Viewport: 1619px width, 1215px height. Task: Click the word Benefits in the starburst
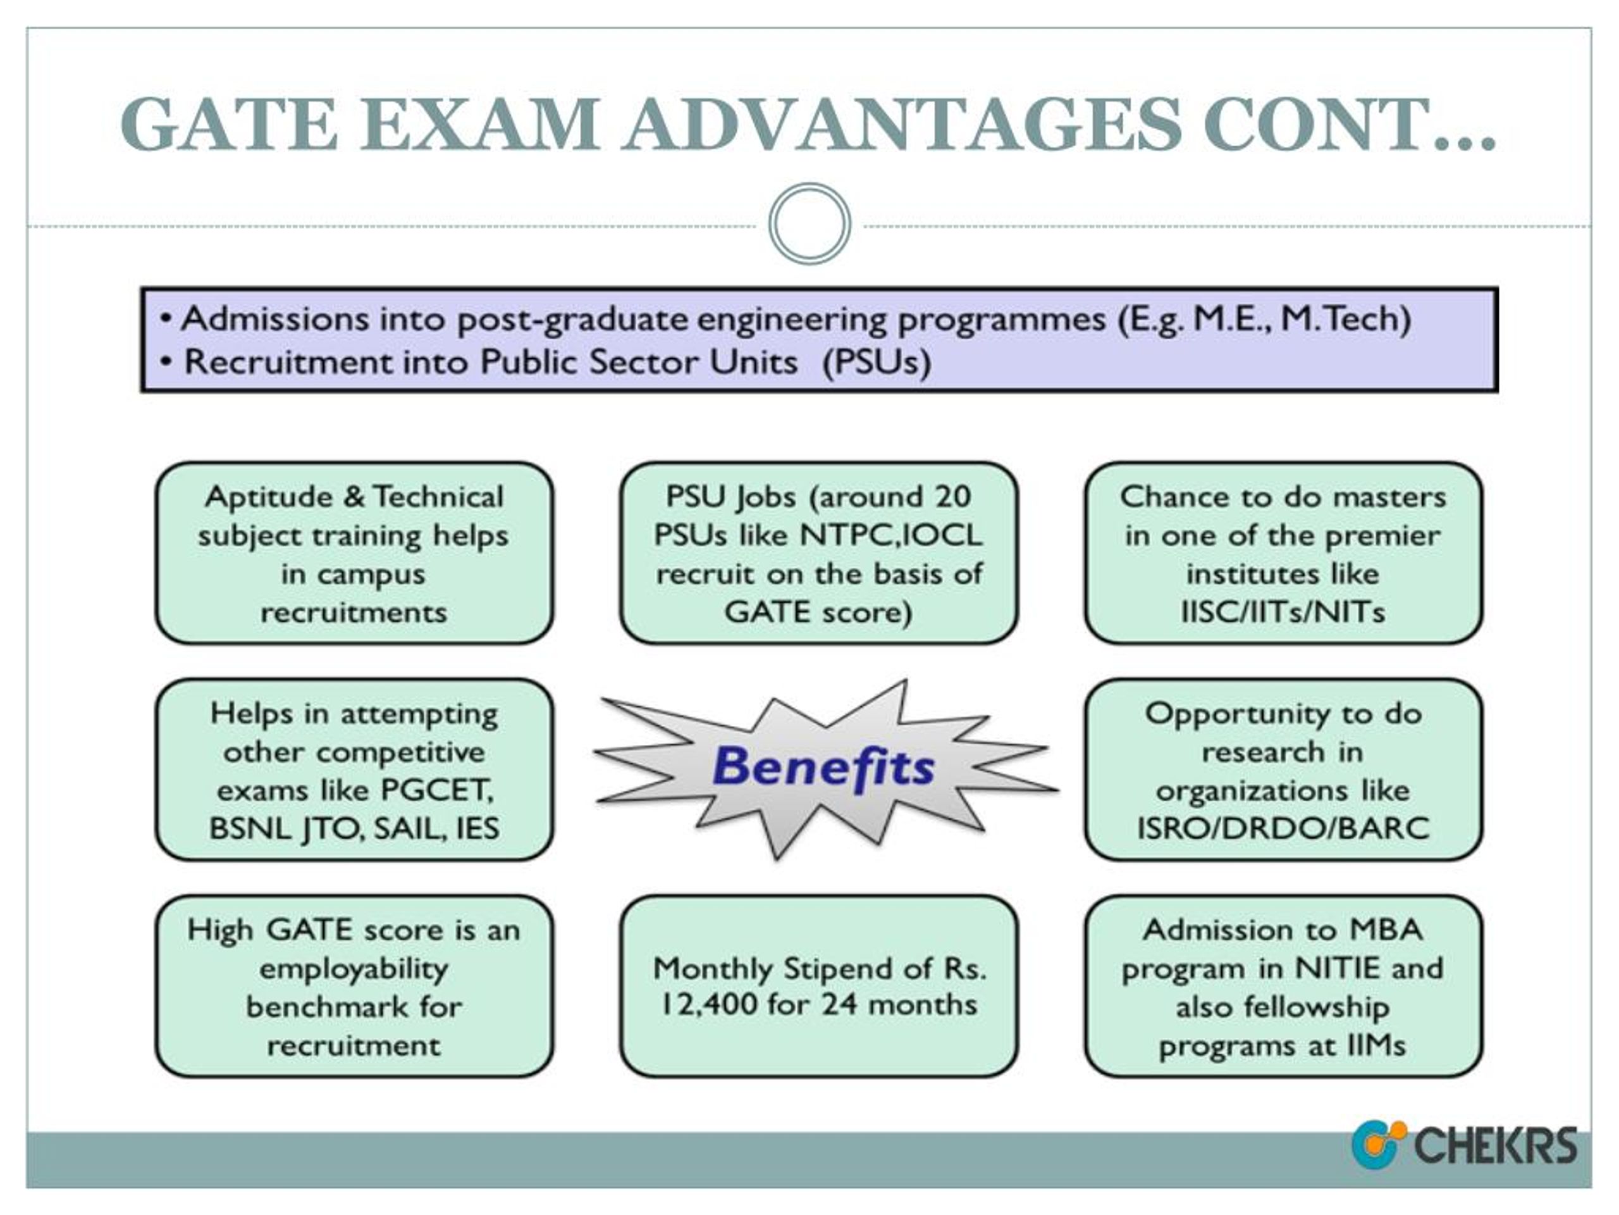(823, 768)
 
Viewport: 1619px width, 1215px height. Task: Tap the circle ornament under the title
(809, 223)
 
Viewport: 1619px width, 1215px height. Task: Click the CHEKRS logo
(1464, 1145)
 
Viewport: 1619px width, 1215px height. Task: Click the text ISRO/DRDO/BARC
(1283, 828)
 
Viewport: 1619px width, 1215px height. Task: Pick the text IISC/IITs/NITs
(1283, 611)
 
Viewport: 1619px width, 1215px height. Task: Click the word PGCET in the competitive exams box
(437, 790)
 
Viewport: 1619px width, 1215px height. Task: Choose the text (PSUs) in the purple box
(877, 363)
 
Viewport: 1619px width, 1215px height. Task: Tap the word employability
(354, 969)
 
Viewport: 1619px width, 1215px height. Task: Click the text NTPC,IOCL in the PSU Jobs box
(890, 535)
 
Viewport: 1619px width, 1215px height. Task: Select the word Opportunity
(1228, 714)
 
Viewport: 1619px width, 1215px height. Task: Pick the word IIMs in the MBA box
(1376, 1045)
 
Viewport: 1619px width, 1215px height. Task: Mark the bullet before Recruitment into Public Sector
(167, 362)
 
